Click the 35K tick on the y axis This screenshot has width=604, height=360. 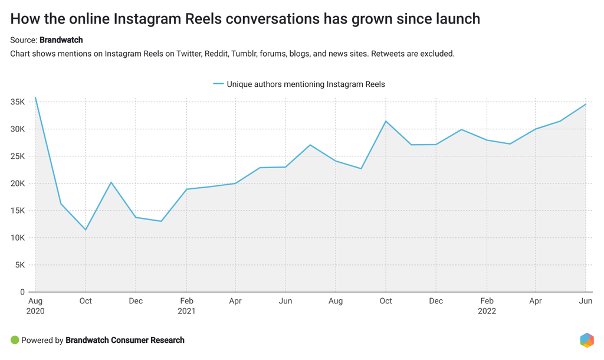pyautogui.click(x=17, y=102)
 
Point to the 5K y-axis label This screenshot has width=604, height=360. pyautogui.click(x=19, y=265)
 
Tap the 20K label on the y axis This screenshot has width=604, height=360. pyautogui.click(x=17, y=184)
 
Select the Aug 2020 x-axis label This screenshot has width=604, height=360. pyautogui.click(x=35, y=306)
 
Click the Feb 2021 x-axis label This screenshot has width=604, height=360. pyautogui.click(x=186, y=306)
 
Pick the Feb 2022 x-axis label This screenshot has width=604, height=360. pyautogui.click(x=487, y=306)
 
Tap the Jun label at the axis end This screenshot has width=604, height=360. pyautogui.click(x=585, y=301)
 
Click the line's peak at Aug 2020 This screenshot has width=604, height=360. pyautogui.click(x=35, y=98)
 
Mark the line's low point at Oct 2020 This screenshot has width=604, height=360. pyautogui.click(x=86, y=230)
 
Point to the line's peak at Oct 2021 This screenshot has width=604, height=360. pyautogui.click(x=386, y=121)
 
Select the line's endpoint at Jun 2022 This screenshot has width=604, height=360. pyautogui.click(x=586, y=104)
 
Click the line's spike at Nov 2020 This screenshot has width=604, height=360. pyautogui.click(x=111, y=182)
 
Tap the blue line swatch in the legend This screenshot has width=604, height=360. pyautogui.click(x=218, y=84)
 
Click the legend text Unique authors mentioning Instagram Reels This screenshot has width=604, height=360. pyautogui.click(x=306, y=84)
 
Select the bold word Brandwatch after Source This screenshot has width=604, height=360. pyautogui.click(x=61, y=40)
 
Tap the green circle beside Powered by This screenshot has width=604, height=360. pyautogui.click(x=15, y=340)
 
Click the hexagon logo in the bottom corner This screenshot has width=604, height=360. pyautogui.click(x=586, y=340)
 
